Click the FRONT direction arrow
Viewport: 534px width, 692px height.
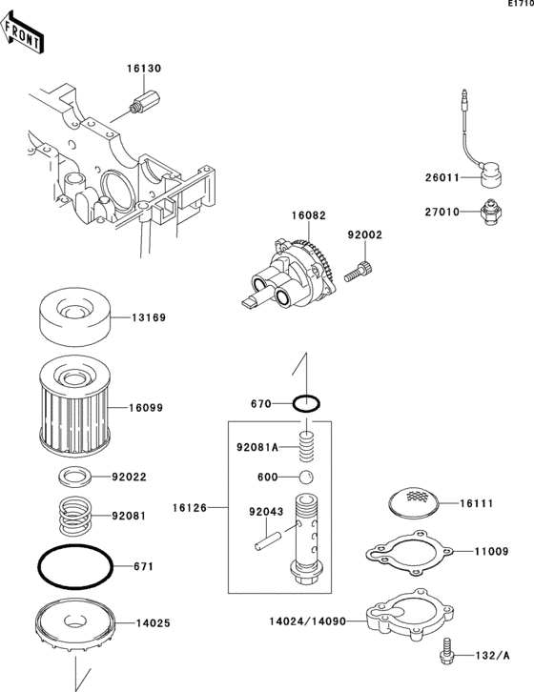pyautogui.click(x=22, y=32)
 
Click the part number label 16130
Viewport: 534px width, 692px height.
pyautogui.click(x=144, y=69)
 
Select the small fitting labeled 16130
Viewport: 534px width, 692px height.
pyautogui.click(x=145, y=101)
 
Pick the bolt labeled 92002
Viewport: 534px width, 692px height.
pyautogui.click(x=359, y=272)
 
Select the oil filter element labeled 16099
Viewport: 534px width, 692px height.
pyautogui.click(x=73, y=406)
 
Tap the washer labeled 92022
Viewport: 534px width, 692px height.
pyautogui.click(x=75, y=478)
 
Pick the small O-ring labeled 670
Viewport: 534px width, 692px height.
pyautogui.click(x=306, y=403)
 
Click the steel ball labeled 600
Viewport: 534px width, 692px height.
pyautogui.click(x=306, y=478)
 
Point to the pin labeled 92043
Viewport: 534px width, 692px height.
pyautogui.click(x=268, y=541)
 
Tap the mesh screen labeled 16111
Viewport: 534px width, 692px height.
pyautogui.click(x=414, y=502)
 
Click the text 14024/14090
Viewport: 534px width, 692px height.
pyautogui.click(x=308, y=621)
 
